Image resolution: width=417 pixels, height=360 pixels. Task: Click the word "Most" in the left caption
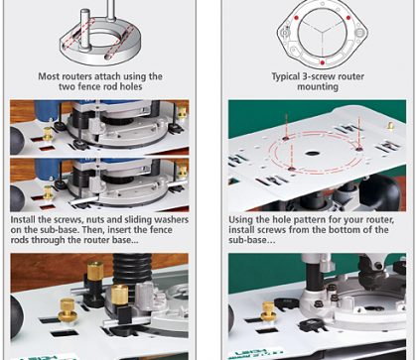tap(47, 76)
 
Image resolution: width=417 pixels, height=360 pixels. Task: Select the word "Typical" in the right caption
tap(285, 76)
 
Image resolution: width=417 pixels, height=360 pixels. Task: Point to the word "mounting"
tap(318, 87)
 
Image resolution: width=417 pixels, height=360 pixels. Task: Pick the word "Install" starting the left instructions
tap(22, 220)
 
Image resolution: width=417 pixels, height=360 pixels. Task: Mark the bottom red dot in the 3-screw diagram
tap(322, 62)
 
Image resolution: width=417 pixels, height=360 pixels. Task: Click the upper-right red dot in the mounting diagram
tap(348, 18)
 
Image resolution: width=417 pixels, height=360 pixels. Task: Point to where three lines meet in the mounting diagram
tap(322, 32)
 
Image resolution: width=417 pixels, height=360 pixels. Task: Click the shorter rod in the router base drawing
tap(85, 29)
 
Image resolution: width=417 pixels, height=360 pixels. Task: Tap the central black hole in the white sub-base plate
tap(311, 154)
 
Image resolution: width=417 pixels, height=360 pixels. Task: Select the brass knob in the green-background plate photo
tap(391, 126)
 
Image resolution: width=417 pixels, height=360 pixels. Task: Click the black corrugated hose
tap(132, 270)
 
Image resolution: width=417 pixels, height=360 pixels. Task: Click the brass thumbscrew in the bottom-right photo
tap(269, 311)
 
